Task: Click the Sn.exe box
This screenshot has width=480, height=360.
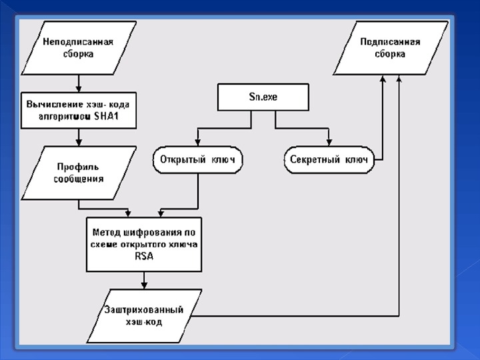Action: (263, 97)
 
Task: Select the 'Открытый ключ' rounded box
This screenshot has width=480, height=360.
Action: (197, 160)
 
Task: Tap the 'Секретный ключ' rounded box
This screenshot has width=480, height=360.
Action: (328, 160)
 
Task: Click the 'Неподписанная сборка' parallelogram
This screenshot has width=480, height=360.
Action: (79, 47)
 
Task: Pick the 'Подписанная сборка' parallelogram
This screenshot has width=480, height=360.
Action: (390, 47)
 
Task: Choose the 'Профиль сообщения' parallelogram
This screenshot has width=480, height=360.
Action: (79, 172)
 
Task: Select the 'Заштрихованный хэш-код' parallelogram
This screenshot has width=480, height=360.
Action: (143, 316)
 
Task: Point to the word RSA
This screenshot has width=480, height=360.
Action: (144, 255)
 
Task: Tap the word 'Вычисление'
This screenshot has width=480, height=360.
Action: (53, 105)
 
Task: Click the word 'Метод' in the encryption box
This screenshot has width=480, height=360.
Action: (106, 231)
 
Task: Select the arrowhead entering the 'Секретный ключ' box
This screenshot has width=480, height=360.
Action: (329, 143)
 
